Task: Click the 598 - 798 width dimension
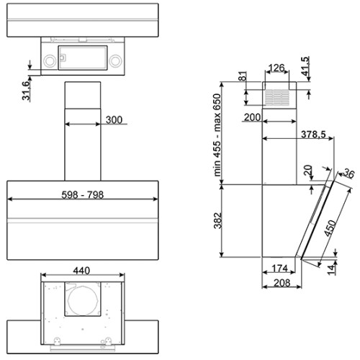click(83, 194)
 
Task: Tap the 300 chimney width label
click(114, 120)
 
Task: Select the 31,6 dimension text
click(26, 91)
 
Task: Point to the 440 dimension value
click(81, 271)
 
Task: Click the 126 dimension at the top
click(276, 68)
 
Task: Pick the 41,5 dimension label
click(305, 66)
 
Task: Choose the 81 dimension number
click(243, 76)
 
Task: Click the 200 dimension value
click(252, 117)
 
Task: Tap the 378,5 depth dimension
click(313, 134)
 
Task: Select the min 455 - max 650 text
click(217, 135)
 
